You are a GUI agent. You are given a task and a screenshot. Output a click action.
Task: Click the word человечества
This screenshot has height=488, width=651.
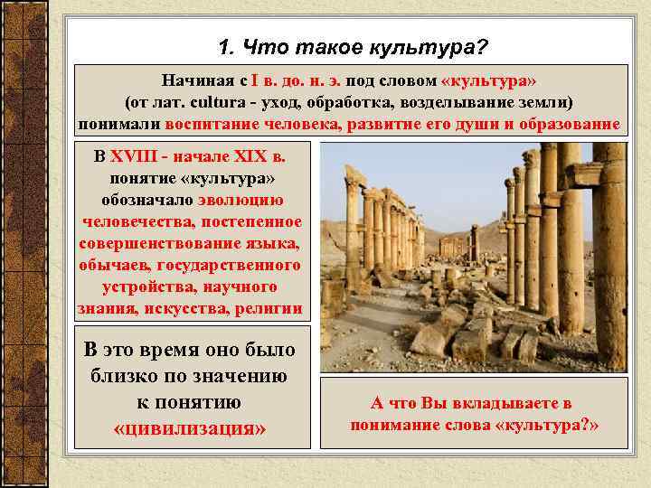131,221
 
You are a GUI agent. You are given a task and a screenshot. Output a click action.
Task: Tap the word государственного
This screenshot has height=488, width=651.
228,265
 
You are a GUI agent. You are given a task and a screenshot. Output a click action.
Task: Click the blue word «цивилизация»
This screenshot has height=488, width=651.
190,426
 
